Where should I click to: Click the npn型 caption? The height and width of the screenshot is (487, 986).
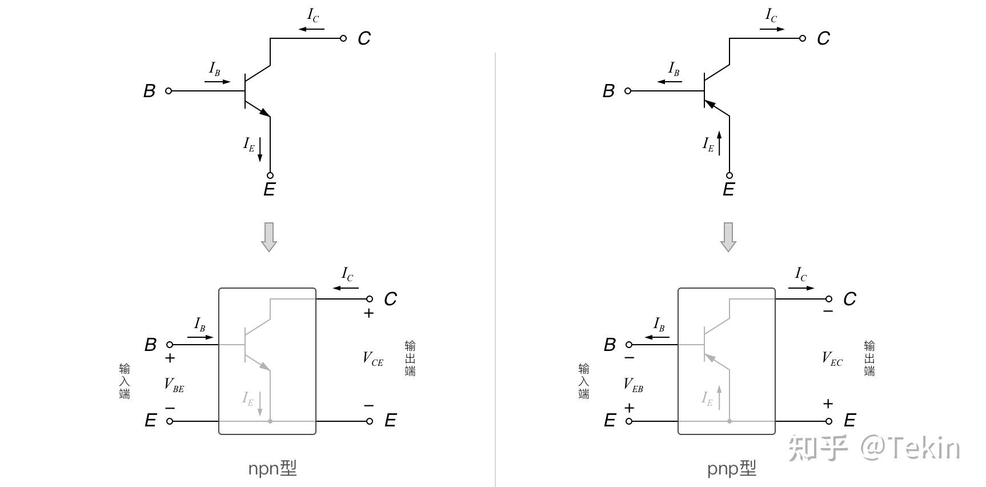click(x=272, y=469)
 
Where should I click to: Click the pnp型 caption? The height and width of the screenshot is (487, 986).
click(x=732, y=469)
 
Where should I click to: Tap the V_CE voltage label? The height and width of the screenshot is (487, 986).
click(x=373, y=359)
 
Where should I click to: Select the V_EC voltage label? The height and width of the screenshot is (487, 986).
click(x=832, y=359)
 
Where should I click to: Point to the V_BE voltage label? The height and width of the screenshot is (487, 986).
click(x=174, y=385)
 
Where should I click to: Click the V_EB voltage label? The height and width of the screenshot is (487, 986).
click(x=633, y=385)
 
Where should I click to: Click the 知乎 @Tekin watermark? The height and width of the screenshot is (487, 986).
click(x=874, y=448)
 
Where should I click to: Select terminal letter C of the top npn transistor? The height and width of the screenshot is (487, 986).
click(x=364, y=39)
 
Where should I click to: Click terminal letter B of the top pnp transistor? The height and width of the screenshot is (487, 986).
click(x=608, y=91)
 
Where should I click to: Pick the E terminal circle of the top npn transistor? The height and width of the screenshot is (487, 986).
click(x=270, y=175)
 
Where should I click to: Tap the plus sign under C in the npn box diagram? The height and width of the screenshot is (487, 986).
click(x=369, y=313)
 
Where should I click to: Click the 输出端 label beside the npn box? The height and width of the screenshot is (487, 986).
click(x=410, y=358)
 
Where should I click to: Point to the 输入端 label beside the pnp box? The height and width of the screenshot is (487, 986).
click(x=584, y=381)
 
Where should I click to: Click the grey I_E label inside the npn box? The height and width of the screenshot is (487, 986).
click(x=248, y=398)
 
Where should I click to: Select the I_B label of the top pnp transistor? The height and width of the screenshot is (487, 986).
click(x=674, y=70)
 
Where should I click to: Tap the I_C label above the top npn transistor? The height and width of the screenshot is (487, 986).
click(x=313, y=15)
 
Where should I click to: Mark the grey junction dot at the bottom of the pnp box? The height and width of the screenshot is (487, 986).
click(x=730, y=421)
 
